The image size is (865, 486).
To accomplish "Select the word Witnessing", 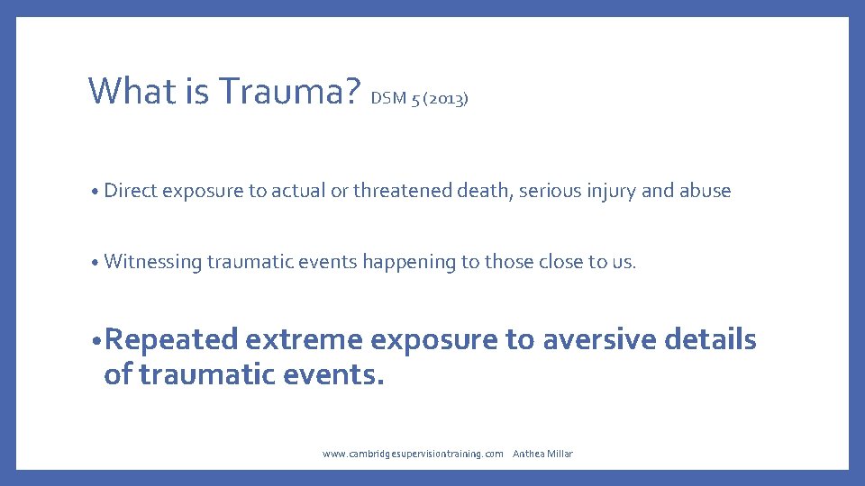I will [x=152, y=262].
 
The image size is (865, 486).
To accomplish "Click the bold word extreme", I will [x=305, y=340].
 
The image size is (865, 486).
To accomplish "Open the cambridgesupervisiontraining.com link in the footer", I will [x=413, y=454].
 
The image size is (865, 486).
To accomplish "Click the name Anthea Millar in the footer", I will [x=542, y=454].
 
